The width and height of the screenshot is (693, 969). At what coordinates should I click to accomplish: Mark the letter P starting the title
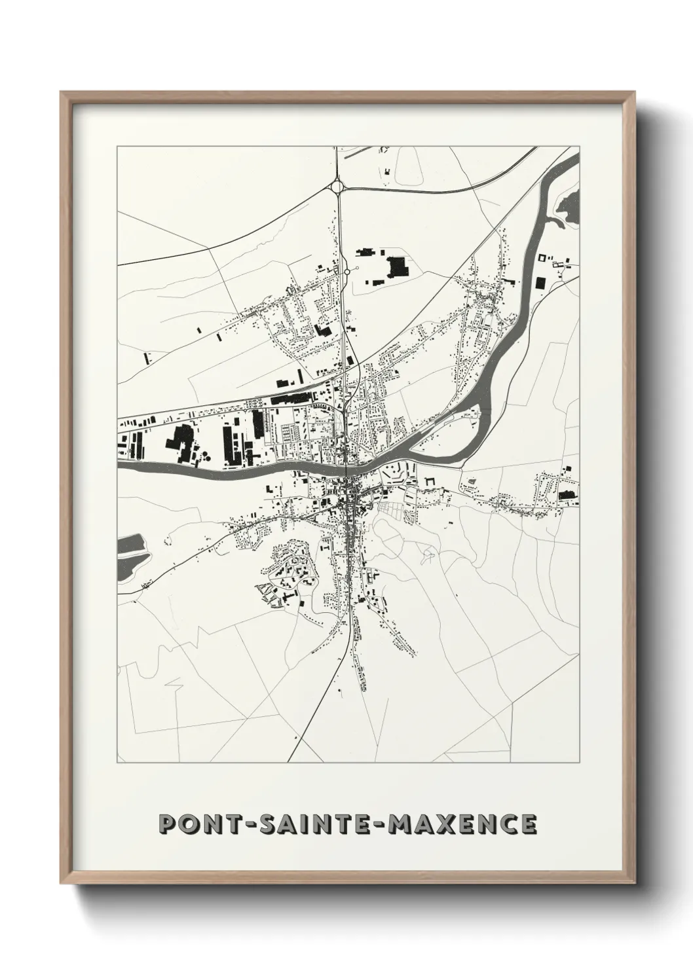(x=168, y=824)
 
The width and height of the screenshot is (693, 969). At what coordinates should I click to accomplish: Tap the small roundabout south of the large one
(x=346, y=270)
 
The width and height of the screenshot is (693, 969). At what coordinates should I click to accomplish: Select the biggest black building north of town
(x=396, y=266)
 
